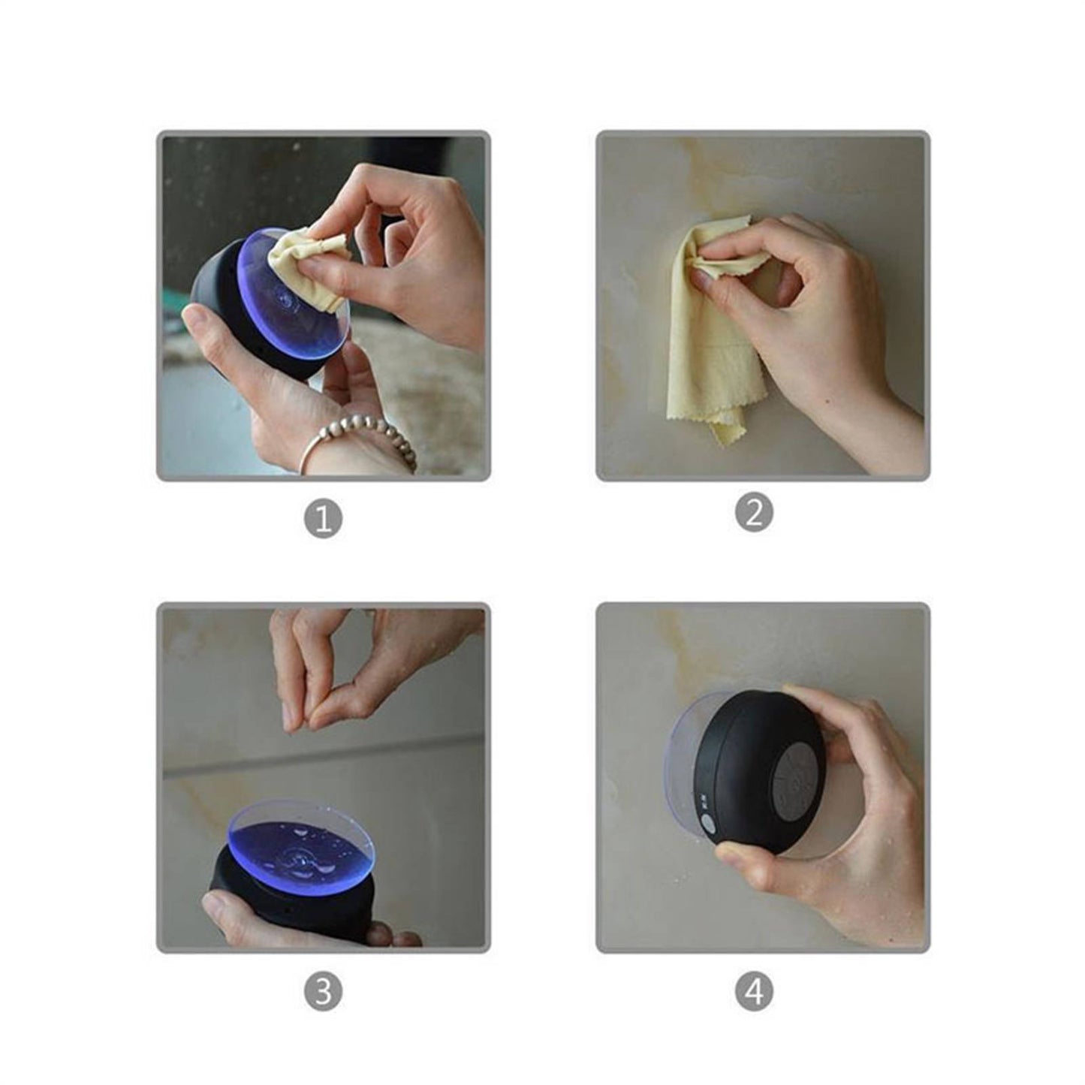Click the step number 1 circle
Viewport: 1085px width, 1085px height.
323,519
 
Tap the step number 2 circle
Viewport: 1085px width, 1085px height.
753,513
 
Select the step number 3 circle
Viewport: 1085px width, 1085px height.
323,990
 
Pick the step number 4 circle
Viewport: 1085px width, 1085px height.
753,990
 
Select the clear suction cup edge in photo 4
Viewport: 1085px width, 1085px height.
680,758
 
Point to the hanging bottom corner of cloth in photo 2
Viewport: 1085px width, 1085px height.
725,432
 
